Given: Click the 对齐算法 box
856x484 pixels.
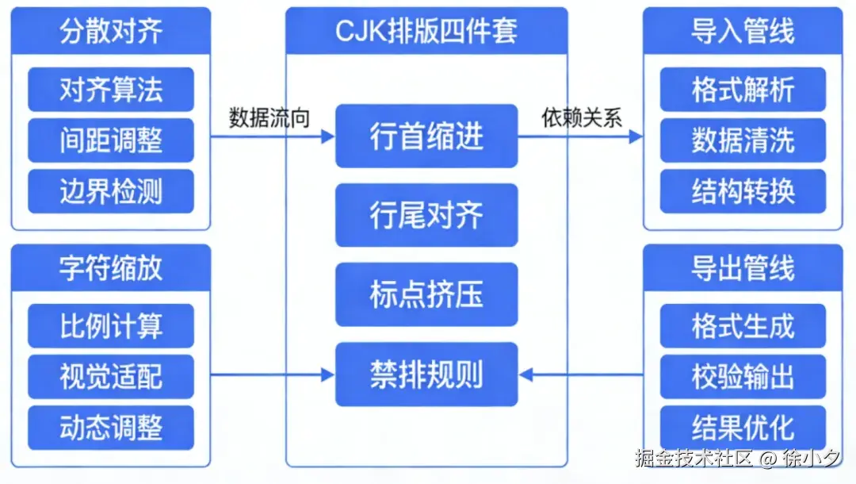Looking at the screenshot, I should tap(111, 90).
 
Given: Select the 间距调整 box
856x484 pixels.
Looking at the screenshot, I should tap(111, 140).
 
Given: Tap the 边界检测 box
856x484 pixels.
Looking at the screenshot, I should tap(111, 191).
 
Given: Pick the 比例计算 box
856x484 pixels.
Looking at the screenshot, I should tap(111, 326).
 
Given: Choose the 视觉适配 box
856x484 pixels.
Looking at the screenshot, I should tap(111, 377).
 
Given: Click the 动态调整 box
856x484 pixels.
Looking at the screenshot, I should tap(111, 428).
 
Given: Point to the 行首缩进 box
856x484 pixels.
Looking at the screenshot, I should tap(426, 136).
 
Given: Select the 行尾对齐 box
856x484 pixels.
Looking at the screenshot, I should tap(426, 215).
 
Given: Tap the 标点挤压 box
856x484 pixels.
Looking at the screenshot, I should tap(426, 294).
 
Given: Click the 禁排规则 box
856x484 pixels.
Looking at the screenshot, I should tap(426, 374).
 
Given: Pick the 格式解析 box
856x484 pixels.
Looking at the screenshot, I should tap(743, 90).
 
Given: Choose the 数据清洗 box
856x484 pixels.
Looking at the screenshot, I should tap(743, 140).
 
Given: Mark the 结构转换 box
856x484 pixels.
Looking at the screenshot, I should tap(743, 191).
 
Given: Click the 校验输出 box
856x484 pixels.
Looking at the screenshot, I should tap(743, 377).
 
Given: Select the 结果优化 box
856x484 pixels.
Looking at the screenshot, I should tap(743, 428).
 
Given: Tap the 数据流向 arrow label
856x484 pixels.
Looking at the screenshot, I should tap(269, 117).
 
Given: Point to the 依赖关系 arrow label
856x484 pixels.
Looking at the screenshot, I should tap(582, 117).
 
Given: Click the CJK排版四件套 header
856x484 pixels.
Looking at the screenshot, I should tap(426, 31).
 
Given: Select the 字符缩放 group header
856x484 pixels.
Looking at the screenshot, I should tap(111, 268).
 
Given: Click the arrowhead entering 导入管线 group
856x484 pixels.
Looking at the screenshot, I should tap(636, 136).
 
